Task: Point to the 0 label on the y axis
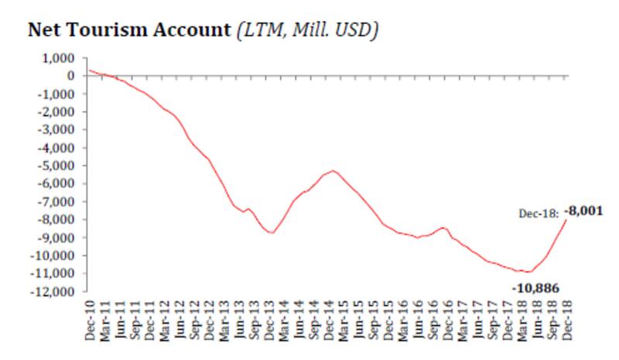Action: (69, 76)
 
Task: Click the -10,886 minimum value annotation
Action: (534, 286)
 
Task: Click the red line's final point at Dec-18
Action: (567, 220)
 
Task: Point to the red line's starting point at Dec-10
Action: (90, 70)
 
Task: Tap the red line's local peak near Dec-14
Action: (332, 170)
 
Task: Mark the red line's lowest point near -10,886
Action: (528, 272)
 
